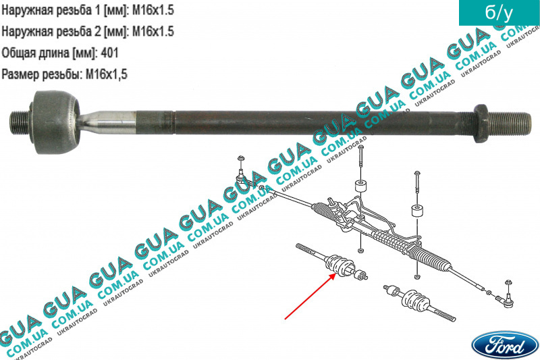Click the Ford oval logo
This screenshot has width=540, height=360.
[x=504, y=345]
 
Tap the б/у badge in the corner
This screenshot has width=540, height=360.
[x=499, y=13]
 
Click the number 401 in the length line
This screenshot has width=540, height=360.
[x=109, y=53]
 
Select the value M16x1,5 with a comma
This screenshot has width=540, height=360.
[x=107, y=74]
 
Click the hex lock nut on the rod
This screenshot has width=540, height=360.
[x=481, y=124]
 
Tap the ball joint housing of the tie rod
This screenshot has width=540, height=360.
[x=56, y=122]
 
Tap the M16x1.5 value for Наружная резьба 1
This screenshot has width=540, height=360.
[x=153, y=10]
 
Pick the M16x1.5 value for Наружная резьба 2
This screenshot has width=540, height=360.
[x=153, y=31]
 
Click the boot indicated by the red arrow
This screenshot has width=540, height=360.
[x=340, y=265]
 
